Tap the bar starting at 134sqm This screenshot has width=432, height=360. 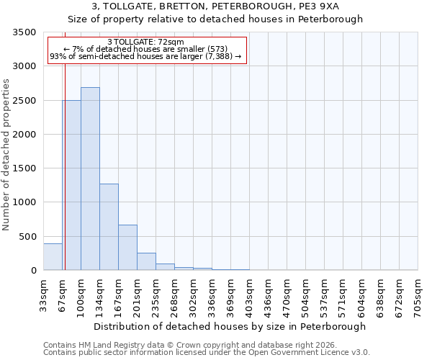click(109, 227)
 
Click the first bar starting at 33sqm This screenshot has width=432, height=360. click(53, 257)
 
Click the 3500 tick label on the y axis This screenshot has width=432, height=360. click(24, 32)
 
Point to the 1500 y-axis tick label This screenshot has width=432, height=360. click(24, 168)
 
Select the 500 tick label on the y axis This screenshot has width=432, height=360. click(27, 236)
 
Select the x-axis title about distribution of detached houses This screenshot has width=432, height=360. click(230, 326)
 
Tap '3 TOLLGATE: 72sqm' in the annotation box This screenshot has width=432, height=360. click(145, 42)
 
